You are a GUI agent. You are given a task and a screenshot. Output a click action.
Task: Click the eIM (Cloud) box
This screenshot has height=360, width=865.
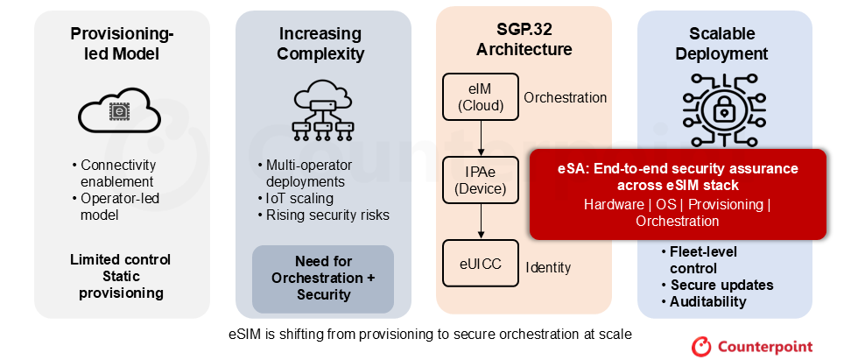(x=481, y=96)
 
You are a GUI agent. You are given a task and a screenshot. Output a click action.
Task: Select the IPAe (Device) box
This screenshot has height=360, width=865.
(x=481, y=180)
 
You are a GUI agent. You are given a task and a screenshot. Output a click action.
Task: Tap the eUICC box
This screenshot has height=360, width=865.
(x=481, y=263)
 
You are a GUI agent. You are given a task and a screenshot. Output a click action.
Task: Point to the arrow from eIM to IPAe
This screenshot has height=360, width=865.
(x=481, y=138)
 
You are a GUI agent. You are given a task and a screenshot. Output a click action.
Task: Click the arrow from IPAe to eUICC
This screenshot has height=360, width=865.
(x=481, y=222)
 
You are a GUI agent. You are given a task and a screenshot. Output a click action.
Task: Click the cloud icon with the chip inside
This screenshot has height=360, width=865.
(x=119, y=111)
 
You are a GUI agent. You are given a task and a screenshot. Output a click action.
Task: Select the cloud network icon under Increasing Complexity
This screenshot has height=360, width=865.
(x=323, y=109)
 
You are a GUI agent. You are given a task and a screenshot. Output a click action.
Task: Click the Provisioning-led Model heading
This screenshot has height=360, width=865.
(x=122, y=44)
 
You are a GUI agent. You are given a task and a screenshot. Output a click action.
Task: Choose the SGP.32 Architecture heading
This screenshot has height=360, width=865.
(x=524, y=40)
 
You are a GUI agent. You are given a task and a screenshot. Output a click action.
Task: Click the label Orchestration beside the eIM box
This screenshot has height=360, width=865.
(x=566, y=98)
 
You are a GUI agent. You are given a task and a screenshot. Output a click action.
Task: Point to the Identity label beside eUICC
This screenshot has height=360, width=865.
(x=548, y=268)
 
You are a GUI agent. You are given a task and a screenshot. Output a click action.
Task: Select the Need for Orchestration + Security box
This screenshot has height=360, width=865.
(x=323, y=279)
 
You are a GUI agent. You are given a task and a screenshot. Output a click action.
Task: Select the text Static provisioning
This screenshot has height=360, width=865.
(x=122, y=285)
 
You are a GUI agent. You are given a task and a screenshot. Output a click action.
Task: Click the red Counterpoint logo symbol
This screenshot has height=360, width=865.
(x=701, y=346)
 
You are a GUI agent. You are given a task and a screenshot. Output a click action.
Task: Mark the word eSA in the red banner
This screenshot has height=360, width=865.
(x=569, y=168)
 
